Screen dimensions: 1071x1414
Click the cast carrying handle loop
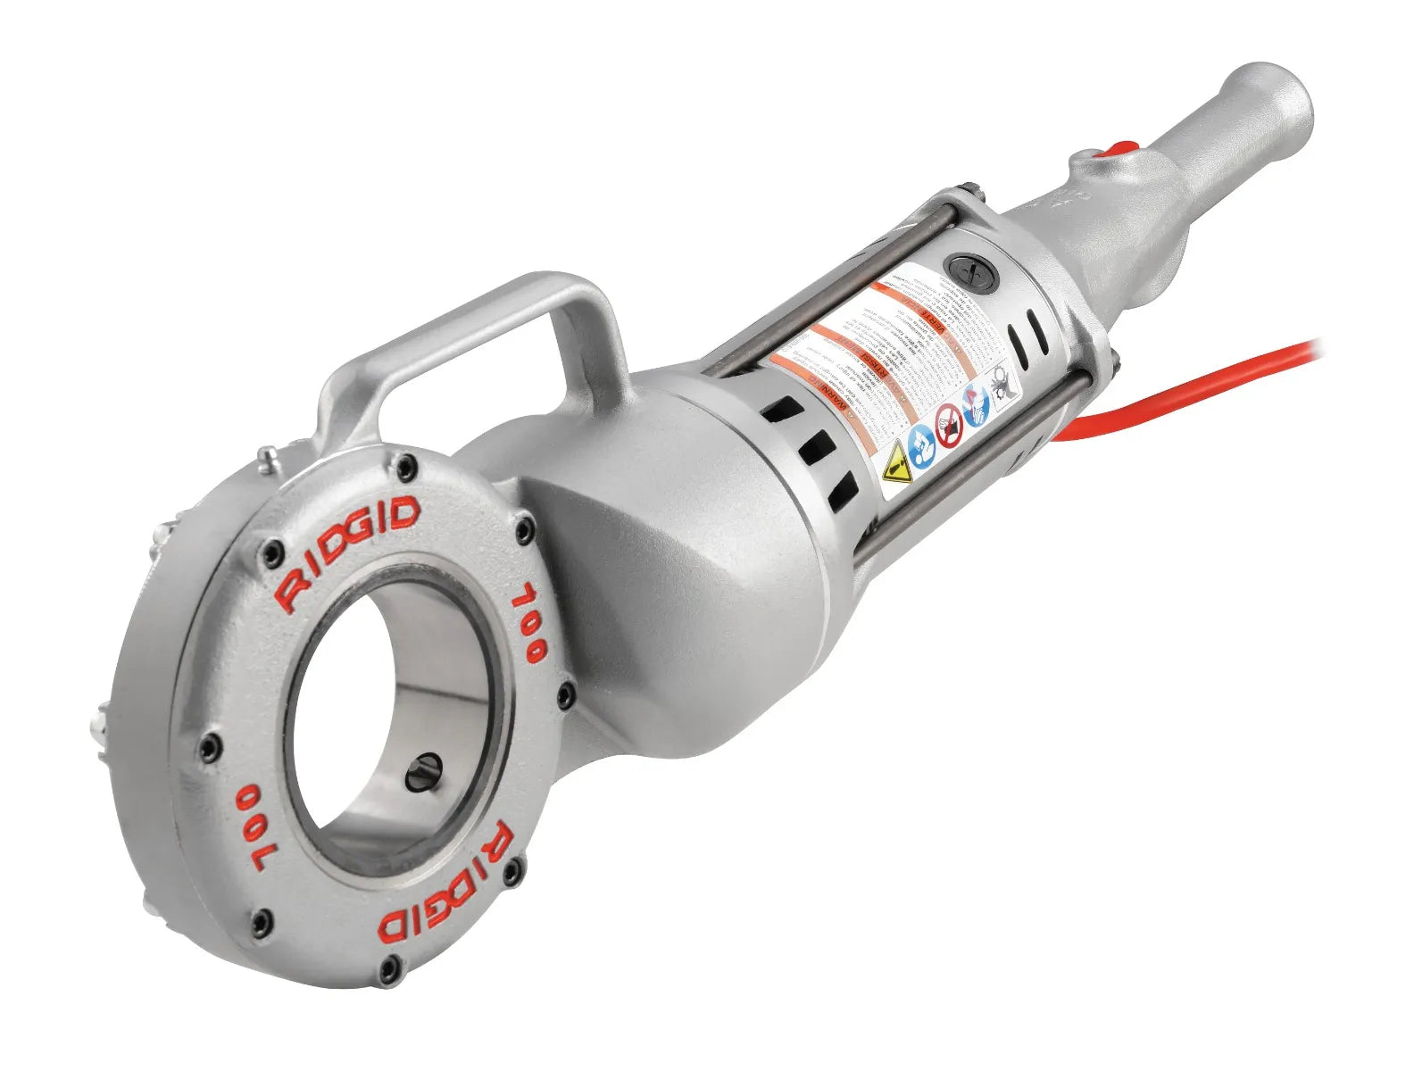pos(500,321)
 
